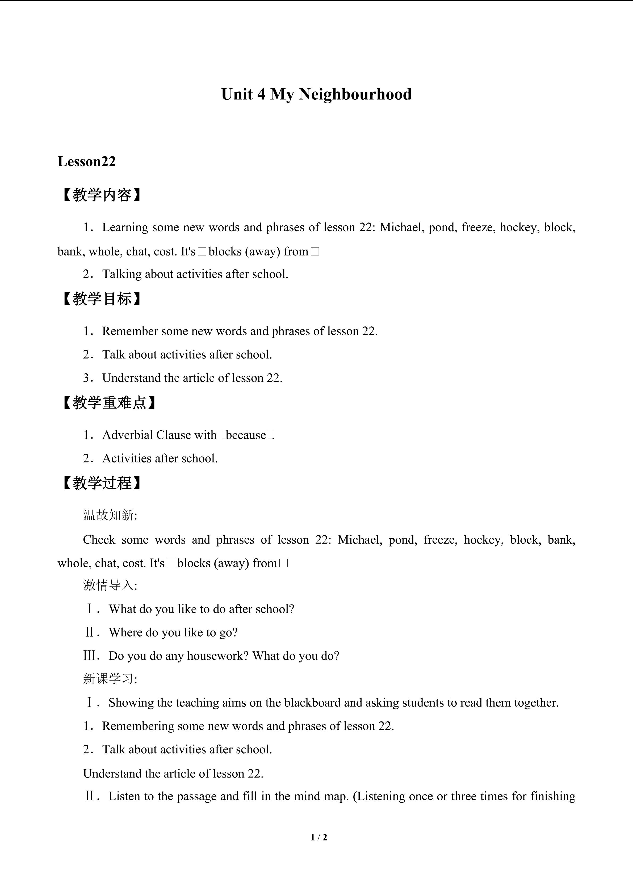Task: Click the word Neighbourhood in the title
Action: [x=355, y=95]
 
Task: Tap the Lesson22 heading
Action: [x=86, y=161]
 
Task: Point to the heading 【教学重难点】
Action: [x=110, y=403]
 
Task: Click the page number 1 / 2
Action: [x=319, y=837]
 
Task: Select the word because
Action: [x=246, y=435]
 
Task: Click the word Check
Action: [x=99, y=540]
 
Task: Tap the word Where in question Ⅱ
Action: [x=125, y=632]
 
